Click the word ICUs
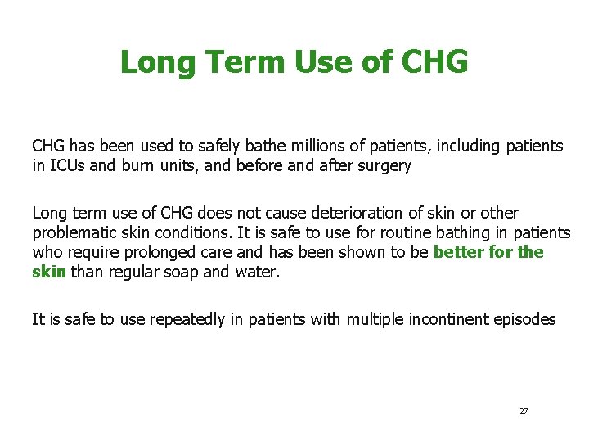[x=65, y=166]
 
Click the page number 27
[x=524, y=411]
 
